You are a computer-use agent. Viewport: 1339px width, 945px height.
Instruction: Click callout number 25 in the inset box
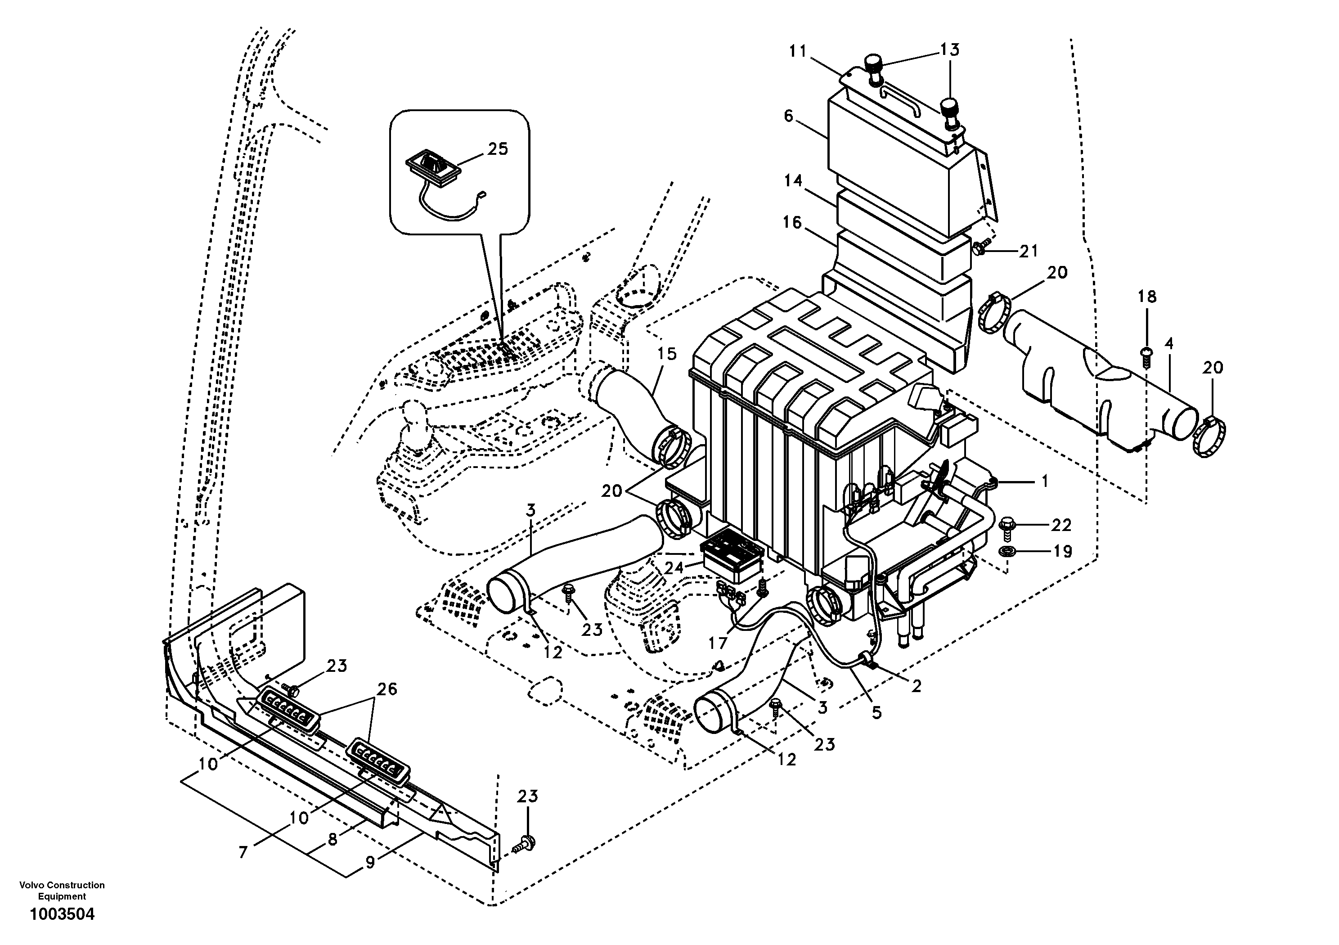click(x=498, y=149)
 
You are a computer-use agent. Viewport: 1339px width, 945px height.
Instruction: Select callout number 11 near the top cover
click(x=797, y=51)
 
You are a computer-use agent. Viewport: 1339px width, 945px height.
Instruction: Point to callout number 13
click(x=950, y=50)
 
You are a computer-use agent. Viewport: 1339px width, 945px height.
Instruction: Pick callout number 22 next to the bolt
click(x=1061, y=525)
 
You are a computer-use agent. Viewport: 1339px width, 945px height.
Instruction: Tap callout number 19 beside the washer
click(x=1063, y=551)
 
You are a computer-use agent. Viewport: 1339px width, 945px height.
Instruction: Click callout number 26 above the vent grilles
click(x=386, y=689)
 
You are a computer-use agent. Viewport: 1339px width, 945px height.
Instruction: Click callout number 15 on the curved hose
click(x=667, y=354)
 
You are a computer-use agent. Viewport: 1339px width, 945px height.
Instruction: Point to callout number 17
click(x=718, y=643)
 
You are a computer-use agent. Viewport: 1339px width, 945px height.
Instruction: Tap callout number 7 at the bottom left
click(x=244, y=852)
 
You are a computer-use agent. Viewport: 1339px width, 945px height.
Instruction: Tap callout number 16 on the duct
click(x=792, y=223)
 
